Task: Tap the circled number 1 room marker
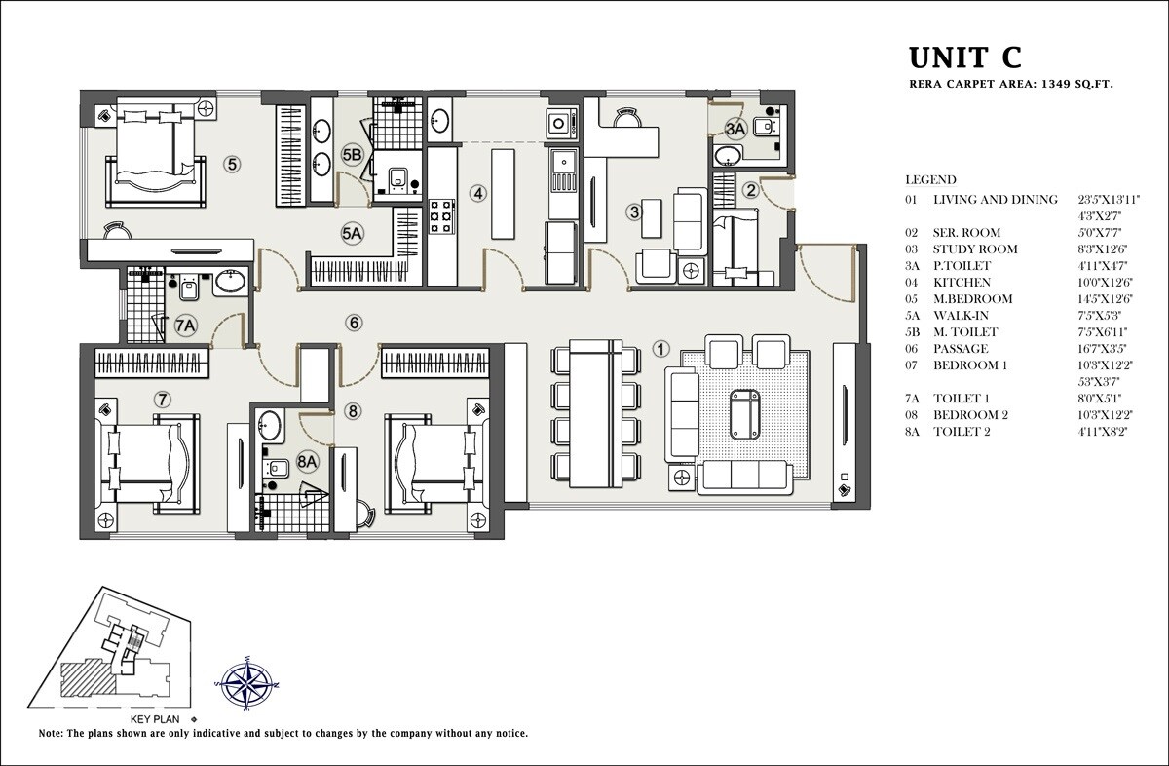pyautogui.click(x=660, y=348)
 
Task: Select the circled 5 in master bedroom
pyautogui.click(x=232, y=164)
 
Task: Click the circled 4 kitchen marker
pyautogui.click(x=477, y=193)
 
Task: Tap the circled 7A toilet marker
pyautogui.click(x=186, y=326)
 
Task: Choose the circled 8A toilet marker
pyautogui.click(x=308, y=461)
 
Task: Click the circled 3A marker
pyautogui.click(x=735, y=128)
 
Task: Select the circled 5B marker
pyautogui.click(x=352, y=154)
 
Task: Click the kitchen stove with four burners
pyautogui.click(x=441, y=215)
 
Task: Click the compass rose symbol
pyautogui.click(x=245, y=684)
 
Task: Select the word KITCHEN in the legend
pyautogui.click(x=962, y=282)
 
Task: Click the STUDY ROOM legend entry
pyautogui.click(x=975, y=249)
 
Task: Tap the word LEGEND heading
pyautogui.click(x=930, y=180)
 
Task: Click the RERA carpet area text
pyautogui.click(x=1010, y=86)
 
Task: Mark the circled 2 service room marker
pyautogui.click(x=750, y=190)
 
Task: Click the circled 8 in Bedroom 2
pyautogui.click(x=353, y=411)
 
